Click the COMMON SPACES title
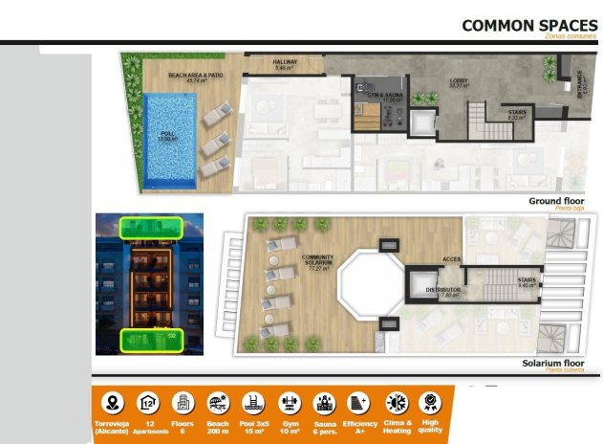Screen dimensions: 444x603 pos(529,25)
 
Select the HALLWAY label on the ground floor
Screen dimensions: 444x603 pos(286,64)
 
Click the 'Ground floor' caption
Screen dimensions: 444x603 pos(557,201)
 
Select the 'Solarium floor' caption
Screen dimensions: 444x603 pos(553,364)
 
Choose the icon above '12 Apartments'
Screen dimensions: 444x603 pos(148,403)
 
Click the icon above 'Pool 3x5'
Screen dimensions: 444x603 pos(253,403)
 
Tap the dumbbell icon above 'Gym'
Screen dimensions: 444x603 pos(290,403)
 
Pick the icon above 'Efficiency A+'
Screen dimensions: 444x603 pos(359,403)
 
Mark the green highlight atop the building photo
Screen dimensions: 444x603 pos(151,228)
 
